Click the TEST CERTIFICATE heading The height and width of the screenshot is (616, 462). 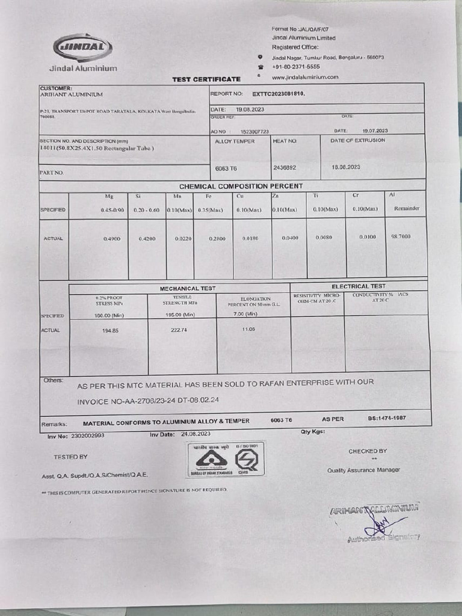[206, 79]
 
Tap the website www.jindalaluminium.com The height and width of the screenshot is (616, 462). [304, 77]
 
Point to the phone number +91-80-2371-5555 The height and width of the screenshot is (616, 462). [295, 67]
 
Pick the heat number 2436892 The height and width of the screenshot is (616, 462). [285, 167]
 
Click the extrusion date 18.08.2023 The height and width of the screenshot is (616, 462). [346, 167]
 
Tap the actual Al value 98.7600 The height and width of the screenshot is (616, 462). [401, 236]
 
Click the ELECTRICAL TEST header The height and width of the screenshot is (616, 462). [359, 286]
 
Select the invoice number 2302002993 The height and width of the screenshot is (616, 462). [87, 435]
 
